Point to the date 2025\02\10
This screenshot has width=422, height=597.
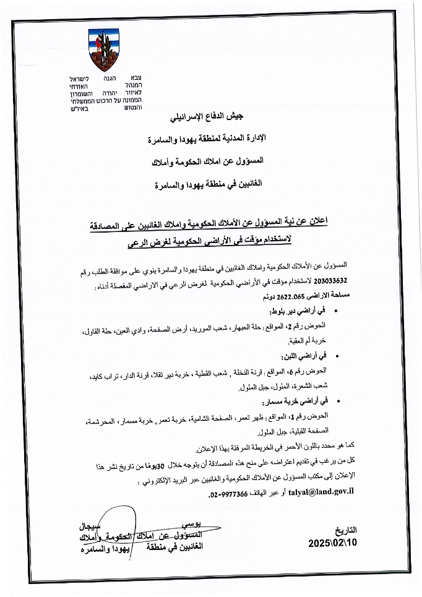point(332,543)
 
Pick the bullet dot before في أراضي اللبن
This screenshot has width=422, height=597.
point(337,358)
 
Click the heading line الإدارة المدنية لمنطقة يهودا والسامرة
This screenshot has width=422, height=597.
point(211,139)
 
